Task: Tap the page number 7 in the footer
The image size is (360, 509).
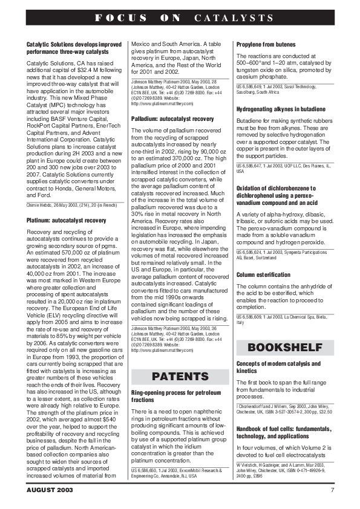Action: point(332,490)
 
